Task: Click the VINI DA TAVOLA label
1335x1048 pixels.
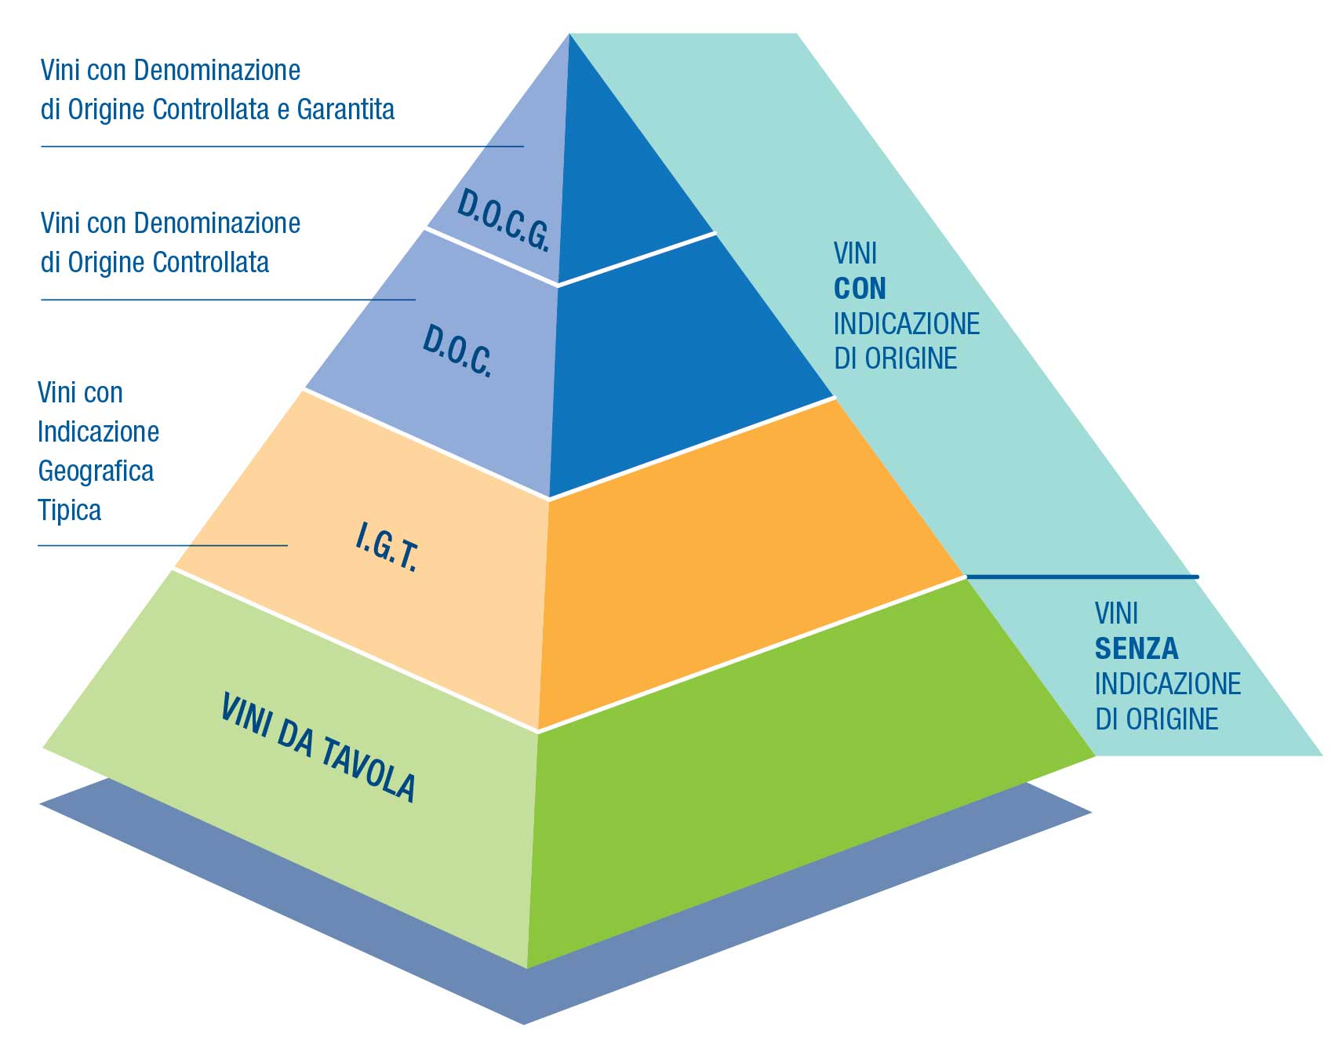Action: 318,748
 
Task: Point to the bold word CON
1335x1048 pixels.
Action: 860,289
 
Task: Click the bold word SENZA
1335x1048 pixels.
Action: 1137,649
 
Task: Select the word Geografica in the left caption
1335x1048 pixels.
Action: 96,471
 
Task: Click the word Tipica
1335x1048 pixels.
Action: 70,511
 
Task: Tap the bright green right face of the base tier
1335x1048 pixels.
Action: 784,808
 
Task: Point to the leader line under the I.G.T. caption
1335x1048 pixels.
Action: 162,545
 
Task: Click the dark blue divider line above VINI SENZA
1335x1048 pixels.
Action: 1082,577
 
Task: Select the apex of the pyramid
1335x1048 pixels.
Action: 569,36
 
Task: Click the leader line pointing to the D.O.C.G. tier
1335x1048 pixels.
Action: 282,146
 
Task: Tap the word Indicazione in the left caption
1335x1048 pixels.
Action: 98,432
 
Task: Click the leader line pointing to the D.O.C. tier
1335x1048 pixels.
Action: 227,299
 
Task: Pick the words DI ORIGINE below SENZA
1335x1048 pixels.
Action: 1156,719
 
